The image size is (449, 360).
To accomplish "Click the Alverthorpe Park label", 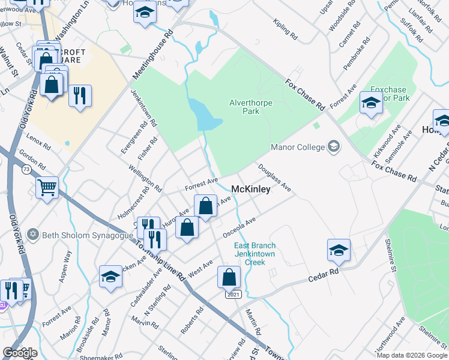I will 251,107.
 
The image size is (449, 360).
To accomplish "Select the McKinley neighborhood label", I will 251,188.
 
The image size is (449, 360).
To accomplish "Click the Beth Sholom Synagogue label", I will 87,235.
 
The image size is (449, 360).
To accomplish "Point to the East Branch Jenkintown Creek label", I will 255,254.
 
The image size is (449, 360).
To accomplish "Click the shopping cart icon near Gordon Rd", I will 47,187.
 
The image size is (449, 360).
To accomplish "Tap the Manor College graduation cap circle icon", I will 334,146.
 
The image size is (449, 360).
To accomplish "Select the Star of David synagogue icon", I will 34,235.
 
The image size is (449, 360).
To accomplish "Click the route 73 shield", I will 26,170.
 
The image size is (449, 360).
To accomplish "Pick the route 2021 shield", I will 234,294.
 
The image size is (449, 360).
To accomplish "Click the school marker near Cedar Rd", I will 339,250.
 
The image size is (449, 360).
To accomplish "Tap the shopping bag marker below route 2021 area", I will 229,277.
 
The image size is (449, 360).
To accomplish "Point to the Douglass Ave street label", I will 275,178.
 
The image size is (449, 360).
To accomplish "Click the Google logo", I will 20,353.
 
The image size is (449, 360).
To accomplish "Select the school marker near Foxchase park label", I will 371,103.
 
